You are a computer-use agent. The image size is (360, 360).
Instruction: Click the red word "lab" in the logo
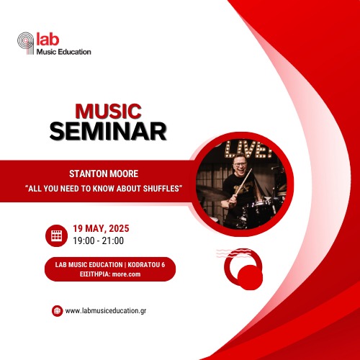[48, 40]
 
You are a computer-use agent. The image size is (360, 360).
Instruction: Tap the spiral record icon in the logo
[26, 43]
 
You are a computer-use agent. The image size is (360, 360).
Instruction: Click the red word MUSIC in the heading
[108, 112]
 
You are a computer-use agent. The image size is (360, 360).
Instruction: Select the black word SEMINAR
[108, 131]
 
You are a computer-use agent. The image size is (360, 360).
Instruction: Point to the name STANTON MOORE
[104, 174]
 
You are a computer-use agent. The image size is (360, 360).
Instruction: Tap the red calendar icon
[56, 235]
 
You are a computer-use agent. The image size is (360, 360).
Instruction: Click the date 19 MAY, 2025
[101, 228]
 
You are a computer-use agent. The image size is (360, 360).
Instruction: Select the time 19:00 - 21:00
[99, 240]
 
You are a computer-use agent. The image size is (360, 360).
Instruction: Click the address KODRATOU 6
[146, 265]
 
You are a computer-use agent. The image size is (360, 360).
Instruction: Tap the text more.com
[126, 274]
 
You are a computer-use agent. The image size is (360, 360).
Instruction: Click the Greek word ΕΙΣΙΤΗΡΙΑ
[94, 274]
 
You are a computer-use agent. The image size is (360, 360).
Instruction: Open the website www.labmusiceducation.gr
[106, 311]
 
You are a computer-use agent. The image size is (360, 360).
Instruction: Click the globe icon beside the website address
[57, 311]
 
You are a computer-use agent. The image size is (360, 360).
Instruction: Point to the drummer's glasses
[240, 164]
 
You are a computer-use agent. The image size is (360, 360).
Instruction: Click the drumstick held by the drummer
[243, 182]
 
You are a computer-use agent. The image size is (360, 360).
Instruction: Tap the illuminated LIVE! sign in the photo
[248, 149]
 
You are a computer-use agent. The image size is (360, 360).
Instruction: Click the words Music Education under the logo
[64, 52]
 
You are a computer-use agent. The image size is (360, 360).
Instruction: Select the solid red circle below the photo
[250, 277]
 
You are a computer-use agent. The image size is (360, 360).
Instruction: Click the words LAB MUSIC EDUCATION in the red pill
[89, 265]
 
